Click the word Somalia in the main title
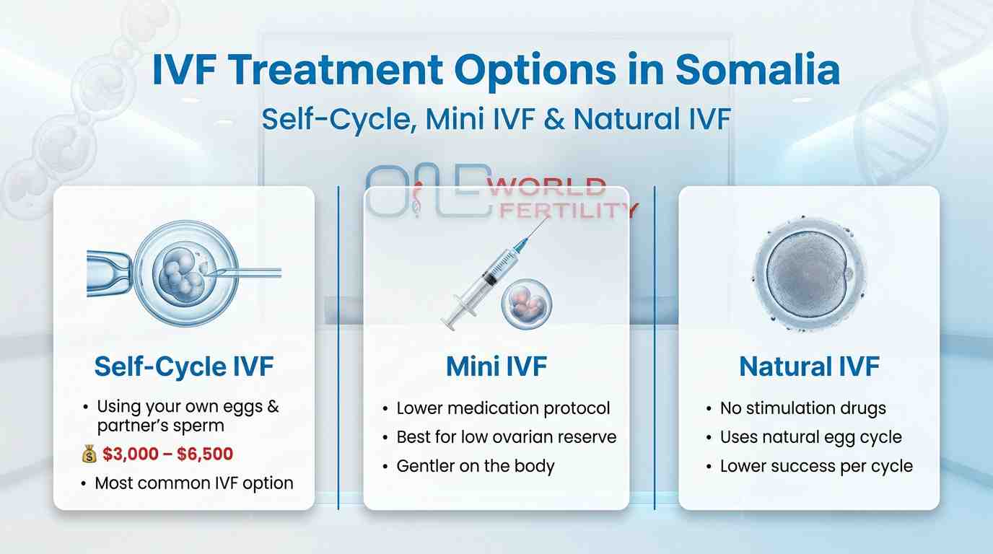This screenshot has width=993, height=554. [758, 71]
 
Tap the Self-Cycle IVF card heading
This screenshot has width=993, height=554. [184, 366]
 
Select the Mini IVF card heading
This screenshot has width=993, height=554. [496, 366]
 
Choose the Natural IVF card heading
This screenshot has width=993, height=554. [809, 366]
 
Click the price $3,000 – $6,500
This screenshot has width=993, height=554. [168, 454]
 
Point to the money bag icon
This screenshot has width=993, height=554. [89, 454]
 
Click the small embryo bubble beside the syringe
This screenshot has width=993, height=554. [527, 303]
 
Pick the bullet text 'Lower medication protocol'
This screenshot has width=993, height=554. [503, 408]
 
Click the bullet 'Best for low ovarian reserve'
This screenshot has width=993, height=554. [506, 437]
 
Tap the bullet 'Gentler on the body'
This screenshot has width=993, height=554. [475, 466]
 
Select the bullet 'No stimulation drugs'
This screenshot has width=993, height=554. [802, 408]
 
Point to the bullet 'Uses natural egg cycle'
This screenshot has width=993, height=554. [810, 437]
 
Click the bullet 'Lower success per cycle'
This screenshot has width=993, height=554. [816, 466]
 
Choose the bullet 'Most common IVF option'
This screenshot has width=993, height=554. [194, 483]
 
